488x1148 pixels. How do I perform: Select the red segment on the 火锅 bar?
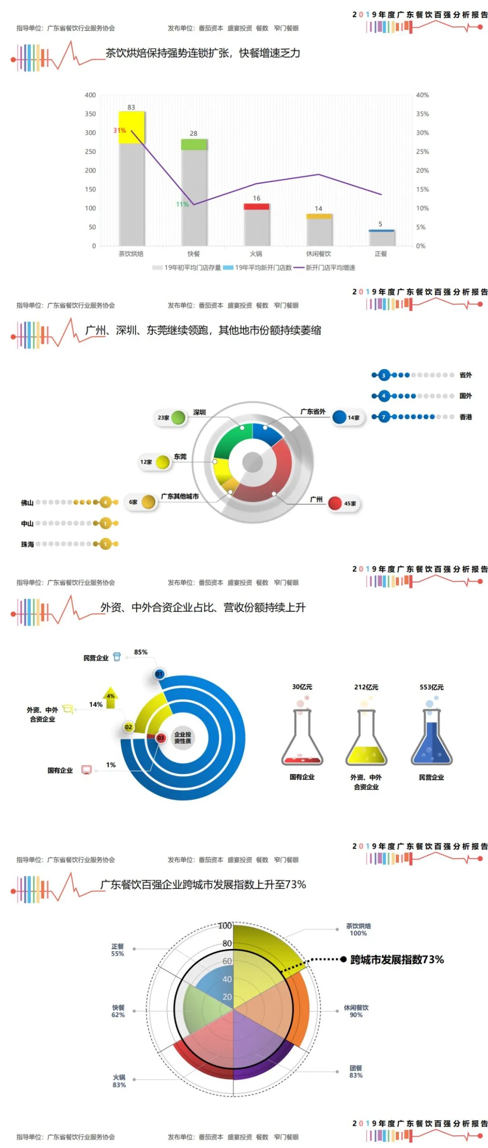coord(257,207)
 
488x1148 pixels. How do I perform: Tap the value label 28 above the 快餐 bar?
coord(193,133)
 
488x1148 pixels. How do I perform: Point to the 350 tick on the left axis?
coord(90,114)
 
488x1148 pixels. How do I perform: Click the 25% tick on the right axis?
coord(422,152)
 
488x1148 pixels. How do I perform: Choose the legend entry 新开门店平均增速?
coord(330,268)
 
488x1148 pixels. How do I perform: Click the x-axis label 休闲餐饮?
coord(319,254)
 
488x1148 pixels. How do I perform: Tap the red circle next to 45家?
coord(335,503)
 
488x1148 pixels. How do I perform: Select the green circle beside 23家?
coord(178,417)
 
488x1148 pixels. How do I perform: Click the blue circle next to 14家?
coord(339,417)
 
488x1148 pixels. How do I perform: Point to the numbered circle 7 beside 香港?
coord(384,417)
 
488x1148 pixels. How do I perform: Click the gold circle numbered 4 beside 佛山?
coord(105,502)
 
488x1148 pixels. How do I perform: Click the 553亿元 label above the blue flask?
coord(432,687)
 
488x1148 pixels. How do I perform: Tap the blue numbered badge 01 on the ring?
coord(159,674)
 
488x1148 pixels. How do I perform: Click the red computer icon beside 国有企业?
coord(86,770)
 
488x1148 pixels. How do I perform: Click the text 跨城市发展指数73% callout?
coord(397,959)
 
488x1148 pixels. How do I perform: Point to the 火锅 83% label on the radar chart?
coord(119,1081)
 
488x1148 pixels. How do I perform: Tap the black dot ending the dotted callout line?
coord(343,959)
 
